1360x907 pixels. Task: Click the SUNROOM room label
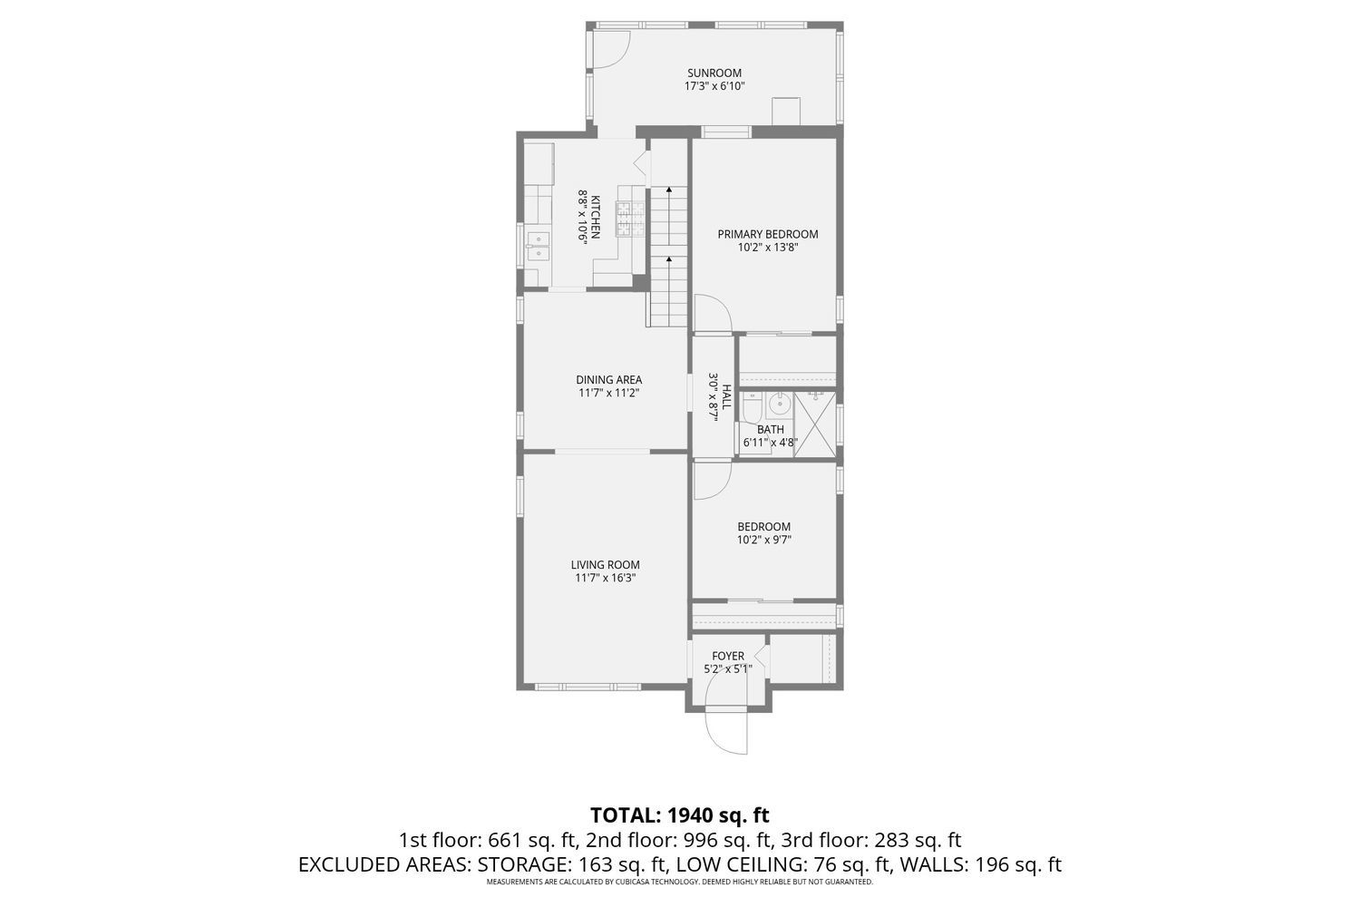(714, 73)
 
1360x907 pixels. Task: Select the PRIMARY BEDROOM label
(767, 234)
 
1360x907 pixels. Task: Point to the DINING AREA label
(609, 380)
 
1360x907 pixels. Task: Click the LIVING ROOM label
(606, 564)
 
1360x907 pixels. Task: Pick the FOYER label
(728, 656)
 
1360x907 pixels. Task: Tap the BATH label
(771, 430)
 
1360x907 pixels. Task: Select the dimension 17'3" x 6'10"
(714, 86)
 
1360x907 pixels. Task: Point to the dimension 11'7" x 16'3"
(606, 578)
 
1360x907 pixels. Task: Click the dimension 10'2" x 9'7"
(763, 540)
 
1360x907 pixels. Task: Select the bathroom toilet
(752, 407)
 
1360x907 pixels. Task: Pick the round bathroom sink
(778, 405)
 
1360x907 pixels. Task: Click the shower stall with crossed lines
(815, 423)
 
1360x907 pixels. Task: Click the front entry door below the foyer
(727, 732)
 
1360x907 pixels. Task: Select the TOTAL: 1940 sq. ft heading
(680, 814)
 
